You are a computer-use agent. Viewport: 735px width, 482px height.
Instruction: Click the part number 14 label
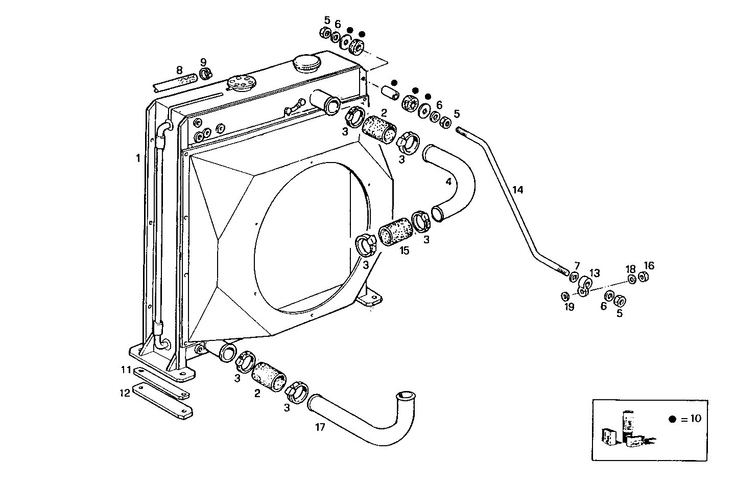(x=517, y=190)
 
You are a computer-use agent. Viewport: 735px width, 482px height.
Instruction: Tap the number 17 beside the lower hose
(x=320, y=427)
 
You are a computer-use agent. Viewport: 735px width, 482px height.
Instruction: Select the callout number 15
(x=404, y=250)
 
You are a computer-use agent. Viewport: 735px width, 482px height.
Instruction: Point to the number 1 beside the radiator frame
(x=137, y=158)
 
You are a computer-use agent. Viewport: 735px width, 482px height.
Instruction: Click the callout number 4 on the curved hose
(x=448, y=181)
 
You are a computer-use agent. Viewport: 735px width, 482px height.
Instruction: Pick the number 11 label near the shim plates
(x=126, y=370)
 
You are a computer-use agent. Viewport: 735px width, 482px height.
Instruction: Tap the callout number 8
(x=179, y=70)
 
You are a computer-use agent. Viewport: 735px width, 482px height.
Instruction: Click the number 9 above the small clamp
(x=203, y=62)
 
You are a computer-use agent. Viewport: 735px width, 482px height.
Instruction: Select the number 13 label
(x=595, y=272)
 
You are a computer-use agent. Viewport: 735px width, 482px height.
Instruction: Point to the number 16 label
(x=649, y=266)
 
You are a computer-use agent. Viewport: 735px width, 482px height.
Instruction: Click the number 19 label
(x=569, y=307)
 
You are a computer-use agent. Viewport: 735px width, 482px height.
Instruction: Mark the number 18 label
(x=631, y=269)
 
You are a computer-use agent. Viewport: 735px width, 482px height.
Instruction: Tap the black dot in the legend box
(x=672, y=419)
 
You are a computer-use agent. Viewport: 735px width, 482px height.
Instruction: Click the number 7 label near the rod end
(x=577, y=266)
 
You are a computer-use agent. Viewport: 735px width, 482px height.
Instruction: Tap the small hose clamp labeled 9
(x=205, y=75)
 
